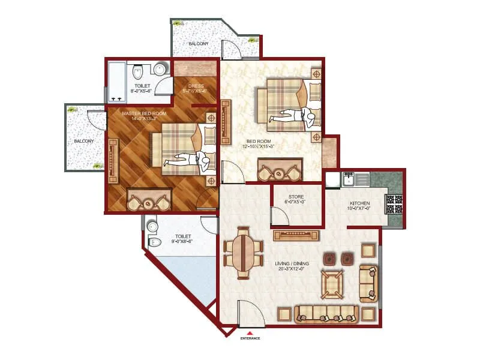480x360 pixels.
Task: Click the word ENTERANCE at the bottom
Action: (250, 339)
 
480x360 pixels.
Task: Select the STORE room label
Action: (296, 196)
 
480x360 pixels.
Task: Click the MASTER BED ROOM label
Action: (144, 113)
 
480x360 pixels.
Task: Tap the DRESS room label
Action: (196, 86)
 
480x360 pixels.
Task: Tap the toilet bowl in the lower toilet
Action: (154, 242)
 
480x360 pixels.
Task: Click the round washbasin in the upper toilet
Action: (160, 70)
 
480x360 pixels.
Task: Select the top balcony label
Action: (199, 44)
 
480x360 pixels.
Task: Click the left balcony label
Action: (84, 141)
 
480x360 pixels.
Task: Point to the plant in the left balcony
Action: (73, 109)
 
